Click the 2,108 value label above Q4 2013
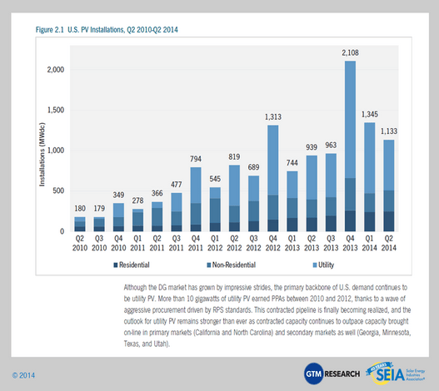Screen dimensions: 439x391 click(350, 52)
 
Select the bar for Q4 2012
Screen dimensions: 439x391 click(273, 178)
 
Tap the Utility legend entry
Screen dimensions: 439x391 click(323, 265)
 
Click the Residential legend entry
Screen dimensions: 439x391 click(132, 265)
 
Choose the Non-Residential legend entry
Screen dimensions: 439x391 click(232, 265)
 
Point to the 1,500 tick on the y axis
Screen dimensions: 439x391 click(56, 110)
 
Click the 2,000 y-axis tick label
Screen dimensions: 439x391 click(56, 69)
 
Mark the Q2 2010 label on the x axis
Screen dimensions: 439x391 click(80, 243)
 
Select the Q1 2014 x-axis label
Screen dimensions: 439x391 click(370, 243)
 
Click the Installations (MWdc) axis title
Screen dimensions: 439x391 click(42, 155)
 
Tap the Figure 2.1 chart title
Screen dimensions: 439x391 click(107, 30)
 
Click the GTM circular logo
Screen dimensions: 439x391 click(313, 374)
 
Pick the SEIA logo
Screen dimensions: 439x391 click(396, 373)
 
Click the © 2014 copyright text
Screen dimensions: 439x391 click(23, 375)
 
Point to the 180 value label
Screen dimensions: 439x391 click(80, 208)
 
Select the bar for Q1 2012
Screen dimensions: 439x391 click(215, 209)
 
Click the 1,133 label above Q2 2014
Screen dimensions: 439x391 click(389, 131)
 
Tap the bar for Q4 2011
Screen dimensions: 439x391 click(196, 199)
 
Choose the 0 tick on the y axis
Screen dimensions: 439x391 click(62, 231)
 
